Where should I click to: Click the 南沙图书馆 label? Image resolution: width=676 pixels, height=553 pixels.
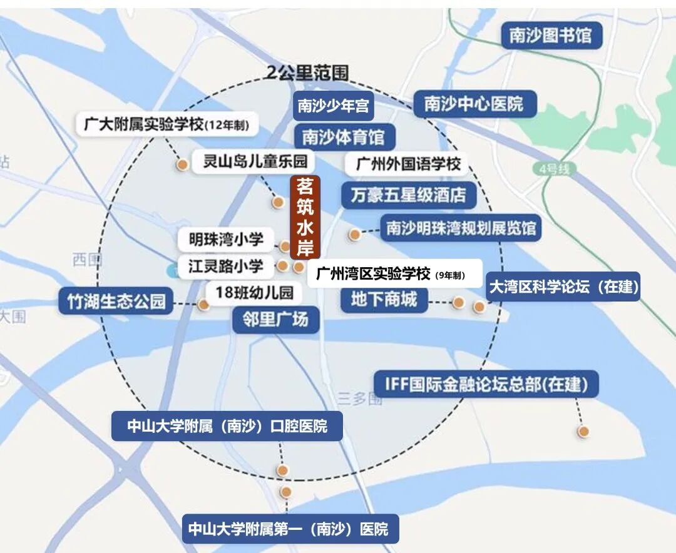coord(550,36)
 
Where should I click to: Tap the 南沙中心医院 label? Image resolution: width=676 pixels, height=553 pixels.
coord(474,103)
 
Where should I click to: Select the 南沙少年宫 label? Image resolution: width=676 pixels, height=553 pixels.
coord(333,106)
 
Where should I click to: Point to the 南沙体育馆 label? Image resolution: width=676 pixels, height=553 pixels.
coord(343,137)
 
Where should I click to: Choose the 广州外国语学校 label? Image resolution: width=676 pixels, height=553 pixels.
coord(408,164)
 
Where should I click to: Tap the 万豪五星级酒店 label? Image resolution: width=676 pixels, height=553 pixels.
coord(408,196)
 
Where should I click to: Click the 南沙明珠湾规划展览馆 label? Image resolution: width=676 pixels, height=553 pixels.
coord(461,228)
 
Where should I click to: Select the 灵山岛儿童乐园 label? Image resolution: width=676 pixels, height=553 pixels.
coord(255,161)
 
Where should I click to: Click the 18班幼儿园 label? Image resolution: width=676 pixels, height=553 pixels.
coord(253,292)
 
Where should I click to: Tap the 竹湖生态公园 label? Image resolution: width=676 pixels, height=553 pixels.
coord(116,302)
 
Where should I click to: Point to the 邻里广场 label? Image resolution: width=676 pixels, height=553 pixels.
coord(275,320)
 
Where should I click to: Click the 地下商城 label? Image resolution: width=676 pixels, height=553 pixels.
coord(384,300)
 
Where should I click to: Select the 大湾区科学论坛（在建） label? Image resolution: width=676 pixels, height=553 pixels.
coord(563,287)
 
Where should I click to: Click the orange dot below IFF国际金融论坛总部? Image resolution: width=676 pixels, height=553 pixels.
coord(583,431)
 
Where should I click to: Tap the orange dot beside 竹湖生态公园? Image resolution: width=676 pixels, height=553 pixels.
coord(203,305)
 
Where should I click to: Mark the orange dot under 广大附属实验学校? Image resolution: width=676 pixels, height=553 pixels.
coord(182,165)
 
